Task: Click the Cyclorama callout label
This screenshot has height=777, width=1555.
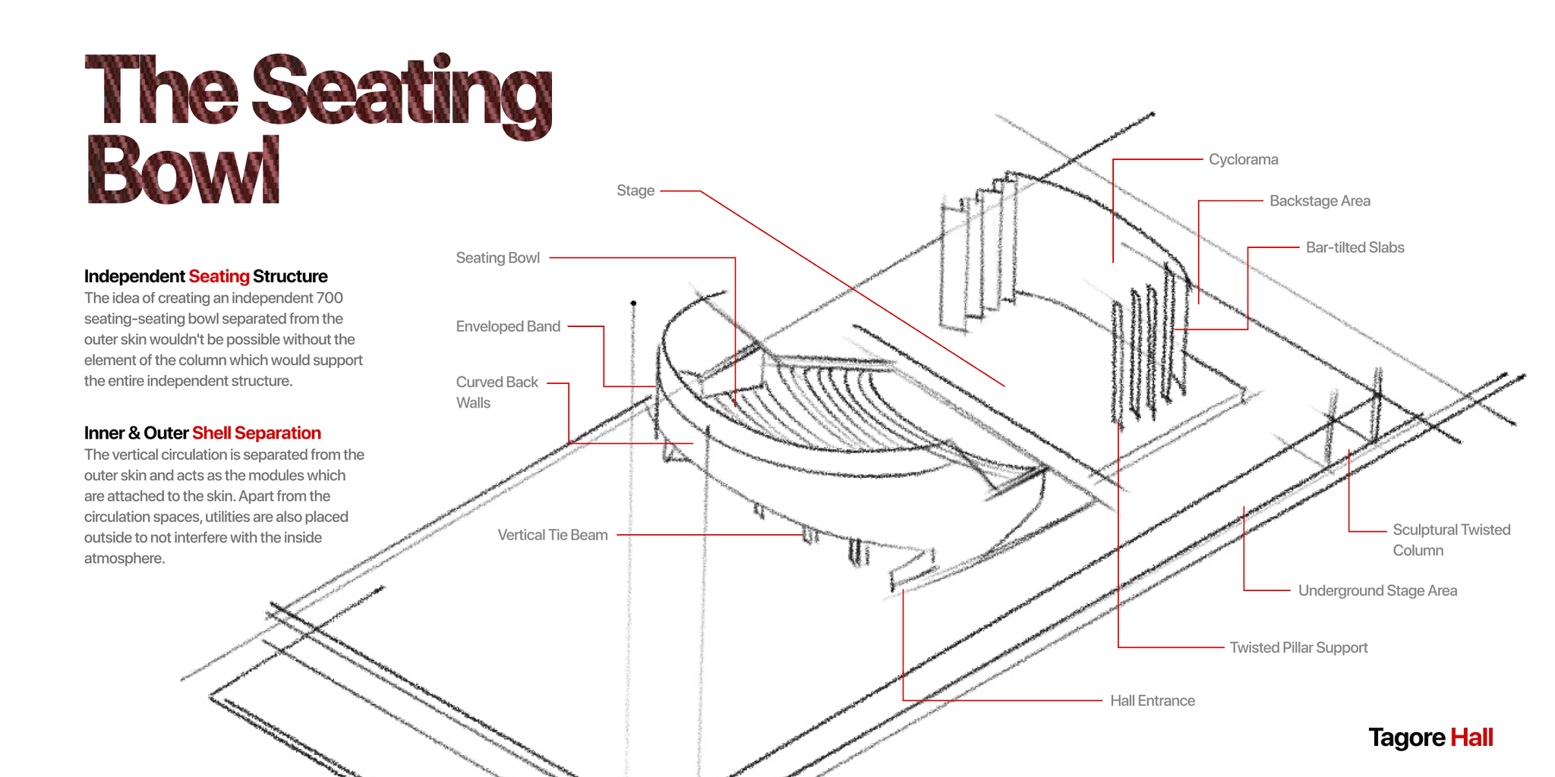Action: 1243,159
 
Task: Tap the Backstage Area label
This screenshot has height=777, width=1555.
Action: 1320,201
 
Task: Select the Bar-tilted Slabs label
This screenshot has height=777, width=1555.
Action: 1355,247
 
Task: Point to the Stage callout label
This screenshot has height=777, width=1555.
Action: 635,190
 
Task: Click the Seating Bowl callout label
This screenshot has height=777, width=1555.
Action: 497,258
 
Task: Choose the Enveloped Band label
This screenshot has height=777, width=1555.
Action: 508,326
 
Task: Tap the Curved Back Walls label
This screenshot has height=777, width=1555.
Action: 497,392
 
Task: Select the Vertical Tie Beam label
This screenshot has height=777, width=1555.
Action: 552,535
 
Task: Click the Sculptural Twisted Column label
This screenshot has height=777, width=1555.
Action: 1451,539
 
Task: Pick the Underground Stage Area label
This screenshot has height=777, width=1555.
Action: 1377,590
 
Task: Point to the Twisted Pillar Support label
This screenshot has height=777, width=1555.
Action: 1298,647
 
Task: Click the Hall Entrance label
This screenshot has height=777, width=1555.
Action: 1152,700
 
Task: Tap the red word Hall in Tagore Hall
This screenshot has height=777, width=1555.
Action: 1471,738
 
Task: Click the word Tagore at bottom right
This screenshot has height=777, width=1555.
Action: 1406,738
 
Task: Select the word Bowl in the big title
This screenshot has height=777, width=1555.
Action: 182,170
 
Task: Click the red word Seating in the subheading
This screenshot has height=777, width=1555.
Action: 219,276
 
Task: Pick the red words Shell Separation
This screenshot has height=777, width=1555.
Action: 257,433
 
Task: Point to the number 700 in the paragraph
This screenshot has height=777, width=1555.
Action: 330,298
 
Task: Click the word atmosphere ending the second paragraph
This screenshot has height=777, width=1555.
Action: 123,558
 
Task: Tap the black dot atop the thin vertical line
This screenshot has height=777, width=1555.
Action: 633,304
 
